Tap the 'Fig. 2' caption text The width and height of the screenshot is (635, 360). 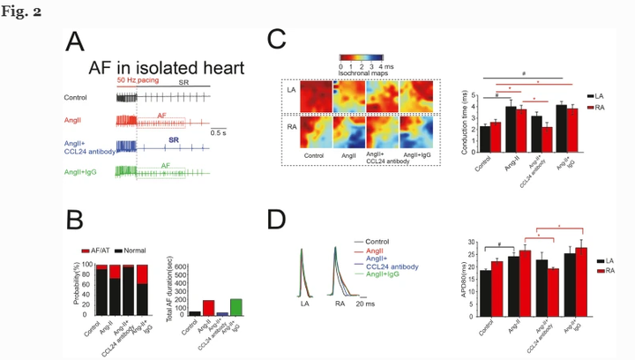[x=27, y=11]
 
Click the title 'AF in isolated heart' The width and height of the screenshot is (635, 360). [x=166, y=68]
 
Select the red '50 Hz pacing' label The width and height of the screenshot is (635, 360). [x=137, y=80]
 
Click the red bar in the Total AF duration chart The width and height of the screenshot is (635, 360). [x=208, y=307]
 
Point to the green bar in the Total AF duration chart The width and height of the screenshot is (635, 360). [x=235, y=306]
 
